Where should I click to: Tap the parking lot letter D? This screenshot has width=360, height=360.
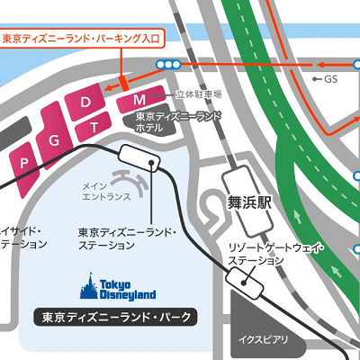pyautogui.click(x=86, y=103)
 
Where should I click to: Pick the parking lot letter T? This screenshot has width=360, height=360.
pyautogui.click(x=93, y=128)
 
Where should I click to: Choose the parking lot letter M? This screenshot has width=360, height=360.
pyautogui.click(x=139, y=99)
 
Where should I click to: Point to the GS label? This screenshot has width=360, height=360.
pyautogui.click(x=337, y=79)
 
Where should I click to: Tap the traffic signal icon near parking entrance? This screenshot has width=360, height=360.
pyautogui.click(x=167, y=64)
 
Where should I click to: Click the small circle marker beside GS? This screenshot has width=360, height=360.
pyautogui.click(x=315, y=79)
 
